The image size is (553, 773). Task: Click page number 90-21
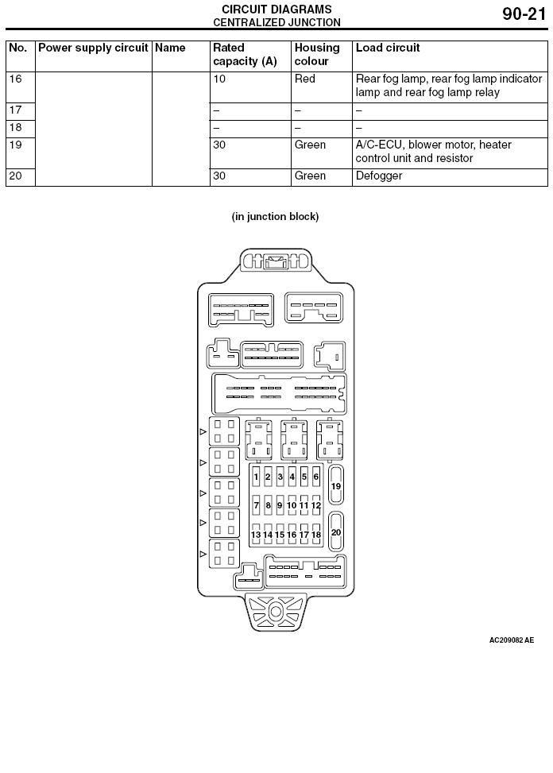(x=524, y=14)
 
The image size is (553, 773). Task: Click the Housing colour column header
(x=317, y=54)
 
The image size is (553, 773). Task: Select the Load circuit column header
(x=388, y=48)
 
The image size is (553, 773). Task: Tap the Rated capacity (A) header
(x=245, y=54)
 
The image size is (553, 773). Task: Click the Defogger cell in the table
(x=378, y=176)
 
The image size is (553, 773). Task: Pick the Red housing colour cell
(x=304, y=79)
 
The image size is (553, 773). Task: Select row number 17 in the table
(x=15, y=110)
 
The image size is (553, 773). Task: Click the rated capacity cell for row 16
(x=218, y=79)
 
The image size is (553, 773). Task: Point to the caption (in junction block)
(x=275, y=216)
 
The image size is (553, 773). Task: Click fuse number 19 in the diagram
(x=335, y=485)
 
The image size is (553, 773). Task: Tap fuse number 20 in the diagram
(x=335, y=532)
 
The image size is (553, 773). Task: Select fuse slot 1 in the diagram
(x=256, y=477)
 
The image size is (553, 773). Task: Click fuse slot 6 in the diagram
(x=316, y=477)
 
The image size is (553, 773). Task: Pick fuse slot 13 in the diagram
(x=256, y=535)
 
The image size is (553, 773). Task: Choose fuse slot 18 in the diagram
(x=316, y=535)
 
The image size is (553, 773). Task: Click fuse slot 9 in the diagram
(x=280, y=505)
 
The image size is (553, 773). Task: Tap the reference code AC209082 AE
(x=511, y=640)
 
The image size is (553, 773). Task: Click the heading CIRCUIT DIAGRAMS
(x=276, y=10)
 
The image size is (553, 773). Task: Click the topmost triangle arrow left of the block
(x=203, y=432)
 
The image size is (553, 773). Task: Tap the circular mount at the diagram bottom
(x=276, y=612)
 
